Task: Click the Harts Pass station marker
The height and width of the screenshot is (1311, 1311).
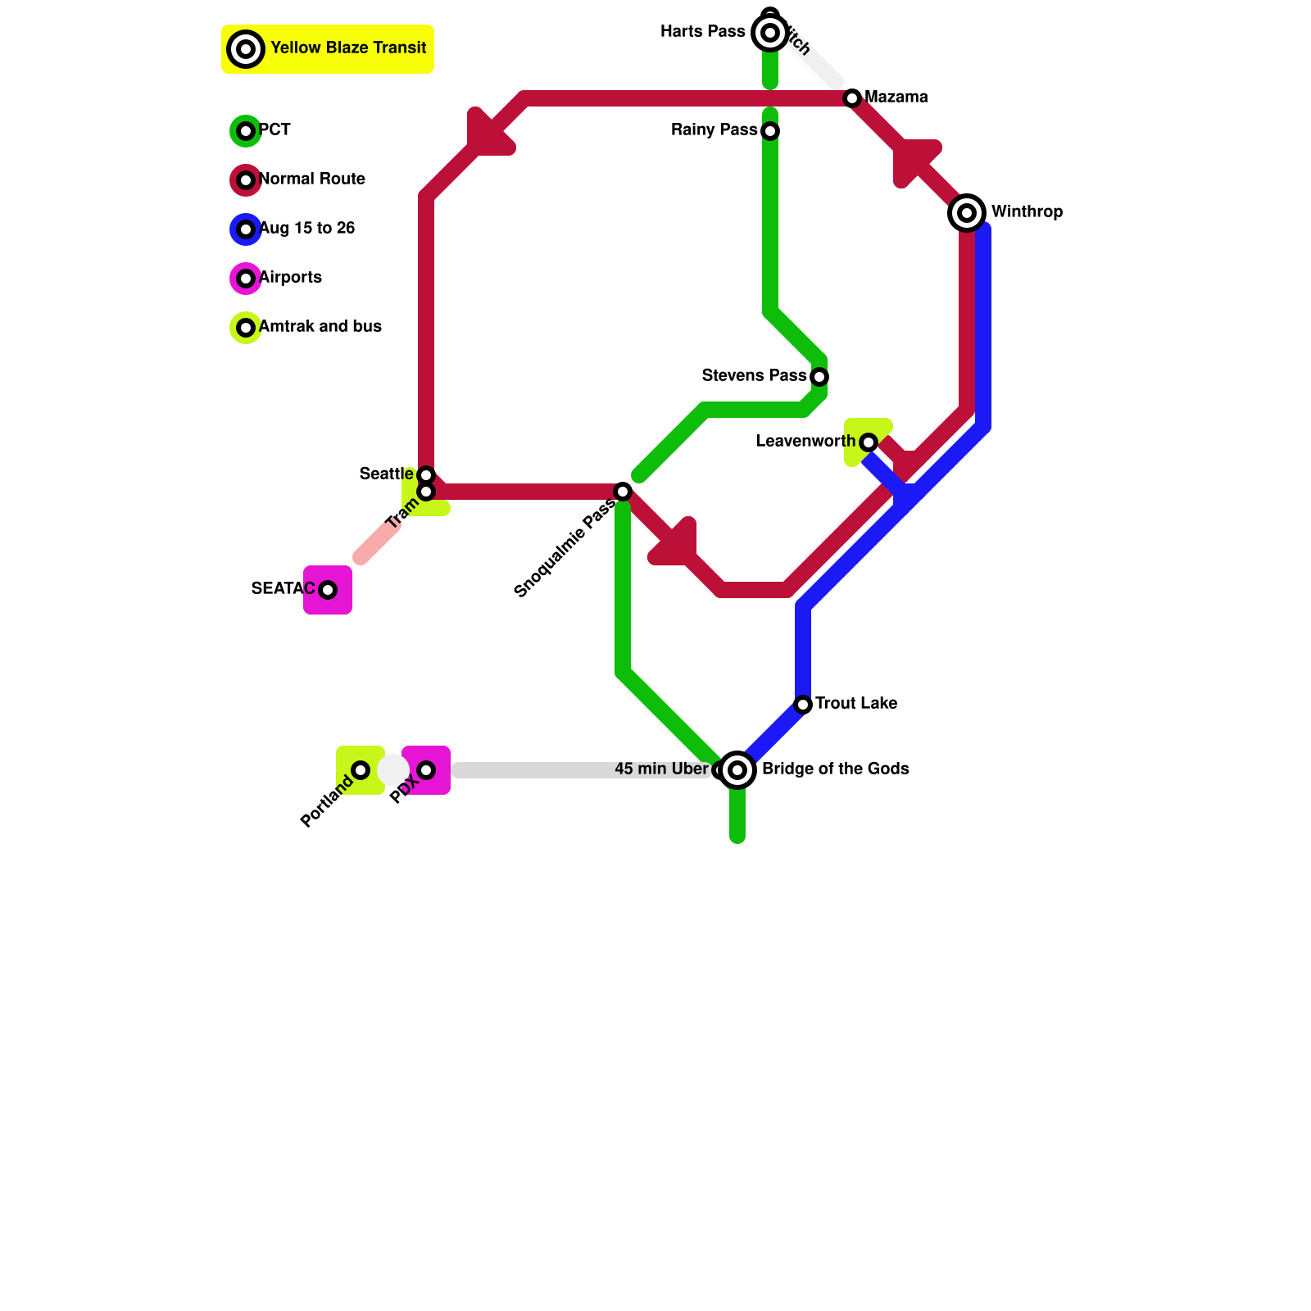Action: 769,33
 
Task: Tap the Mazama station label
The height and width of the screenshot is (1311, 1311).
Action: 896,98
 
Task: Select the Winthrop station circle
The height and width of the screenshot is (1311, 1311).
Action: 967,213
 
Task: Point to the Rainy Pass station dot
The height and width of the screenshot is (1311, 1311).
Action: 770,131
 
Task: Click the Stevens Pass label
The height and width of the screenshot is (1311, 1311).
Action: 754,376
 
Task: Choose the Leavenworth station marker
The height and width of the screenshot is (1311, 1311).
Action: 869,442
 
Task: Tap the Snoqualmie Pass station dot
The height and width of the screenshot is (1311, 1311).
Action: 623,492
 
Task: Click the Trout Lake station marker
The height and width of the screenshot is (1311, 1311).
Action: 803,705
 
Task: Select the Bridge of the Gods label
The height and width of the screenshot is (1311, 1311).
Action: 835,769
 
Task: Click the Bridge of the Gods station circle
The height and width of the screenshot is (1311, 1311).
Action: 737,770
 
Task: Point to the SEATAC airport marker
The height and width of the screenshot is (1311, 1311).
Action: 328,590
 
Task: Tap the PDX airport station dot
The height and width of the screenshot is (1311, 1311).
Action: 426,770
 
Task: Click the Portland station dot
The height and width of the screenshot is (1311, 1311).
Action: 361,770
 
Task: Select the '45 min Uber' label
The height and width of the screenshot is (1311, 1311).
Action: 660,769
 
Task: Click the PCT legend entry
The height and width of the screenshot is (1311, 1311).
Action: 274,130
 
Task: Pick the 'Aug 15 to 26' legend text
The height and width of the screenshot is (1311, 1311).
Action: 306,229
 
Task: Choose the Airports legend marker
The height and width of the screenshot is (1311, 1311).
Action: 246,279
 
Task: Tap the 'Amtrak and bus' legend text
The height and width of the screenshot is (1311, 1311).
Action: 320,327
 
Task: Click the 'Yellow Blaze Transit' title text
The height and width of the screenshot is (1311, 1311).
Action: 348,48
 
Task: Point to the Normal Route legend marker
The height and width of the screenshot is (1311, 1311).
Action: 246,180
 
